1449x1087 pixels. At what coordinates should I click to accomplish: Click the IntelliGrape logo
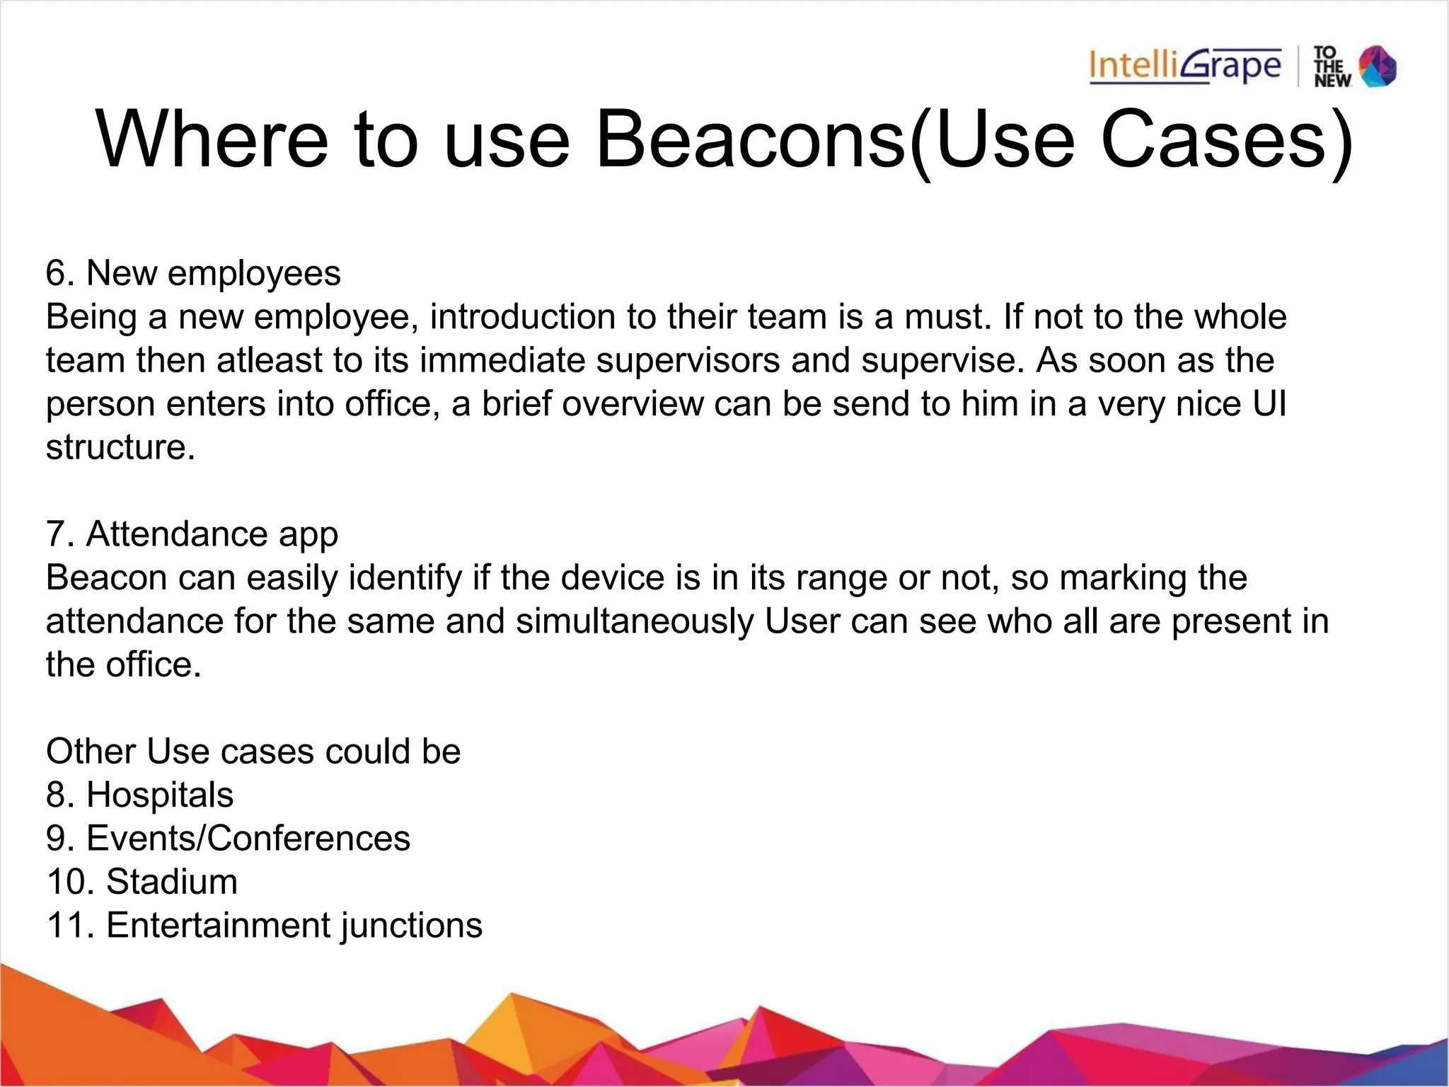coord(1185,67)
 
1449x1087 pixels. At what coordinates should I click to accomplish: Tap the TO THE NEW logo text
coord(1331,67)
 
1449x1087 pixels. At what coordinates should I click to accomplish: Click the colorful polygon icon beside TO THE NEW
coord(1378,67)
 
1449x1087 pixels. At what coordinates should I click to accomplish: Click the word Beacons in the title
coord(751,139)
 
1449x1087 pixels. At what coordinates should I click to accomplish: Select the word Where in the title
coord(212,139)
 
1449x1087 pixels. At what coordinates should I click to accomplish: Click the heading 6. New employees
coord(193,273)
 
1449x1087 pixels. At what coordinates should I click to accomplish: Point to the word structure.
coord(120,447)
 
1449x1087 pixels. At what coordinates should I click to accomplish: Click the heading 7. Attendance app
coord(192,534)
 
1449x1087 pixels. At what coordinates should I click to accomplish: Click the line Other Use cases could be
coord(253,752)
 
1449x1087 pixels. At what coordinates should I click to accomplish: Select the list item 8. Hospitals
coord(139,795)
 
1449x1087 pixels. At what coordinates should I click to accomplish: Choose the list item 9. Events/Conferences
coord(228,839)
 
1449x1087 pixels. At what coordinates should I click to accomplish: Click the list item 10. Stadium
coord(142,882)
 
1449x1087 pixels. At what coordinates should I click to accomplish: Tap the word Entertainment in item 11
coord(218,926)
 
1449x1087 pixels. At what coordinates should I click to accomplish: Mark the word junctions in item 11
coord(411,926)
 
